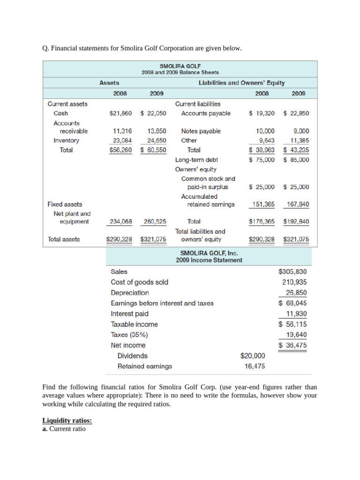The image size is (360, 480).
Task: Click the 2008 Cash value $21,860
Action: point(120,113)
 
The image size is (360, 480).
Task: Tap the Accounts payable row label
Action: point(205,113)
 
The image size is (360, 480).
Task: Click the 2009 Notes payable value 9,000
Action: point(300,131)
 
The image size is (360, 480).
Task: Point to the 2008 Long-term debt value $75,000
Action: point(262,160)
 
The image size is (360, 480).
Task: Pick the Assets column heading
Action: point(109,83)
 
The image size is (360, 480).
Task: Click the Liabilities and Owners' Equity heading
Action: point(241,83)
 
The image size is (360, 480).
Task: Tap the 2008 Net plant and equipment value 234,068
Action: point(120,221)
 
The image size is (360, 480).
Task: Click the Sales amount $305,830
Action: point(292,271)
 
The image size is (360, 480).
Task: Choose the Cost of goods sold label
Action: point(139,282)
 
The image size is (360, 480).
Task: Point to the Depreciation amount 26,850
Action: point(296,292)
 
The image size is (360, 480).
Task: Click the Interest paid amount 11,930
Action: point(296,314)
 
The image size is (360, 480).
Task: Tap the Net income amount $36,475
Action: point(292,345)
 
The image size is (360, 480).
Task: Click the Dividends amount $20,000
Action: point(252,356)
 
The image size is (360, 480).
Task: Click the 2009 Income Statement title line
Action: point(209,260)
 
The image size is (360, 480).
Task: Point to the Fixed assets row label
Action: point(65,204)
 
